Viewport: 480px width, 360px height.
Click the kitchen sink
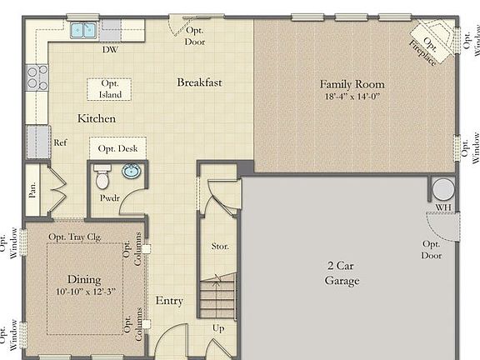82,31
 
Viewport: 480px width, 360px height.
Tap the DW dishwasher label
109,50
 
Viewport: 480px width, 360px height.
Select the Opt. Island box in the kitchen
110,89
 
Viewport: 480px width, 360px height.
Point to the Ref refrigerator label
60,142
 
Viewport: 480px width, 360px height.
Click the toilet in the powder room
102,178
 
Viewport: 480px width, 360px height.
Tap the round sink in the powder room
132,172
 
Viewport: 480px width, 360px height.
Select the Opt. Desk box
117,148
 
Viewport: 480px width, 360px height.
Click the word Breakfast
199,82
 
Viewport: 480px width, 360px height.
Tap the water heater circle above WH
442,188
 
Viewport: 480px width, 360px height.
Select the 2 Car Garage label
342,273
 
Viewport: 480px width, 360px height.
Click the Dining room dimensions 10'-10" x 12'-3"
84,292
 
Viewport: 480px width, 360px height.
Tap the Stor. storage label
220,247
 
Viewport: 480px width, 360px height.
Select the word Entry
169,300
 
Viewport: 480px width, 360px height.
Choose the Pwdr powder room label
110,200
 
